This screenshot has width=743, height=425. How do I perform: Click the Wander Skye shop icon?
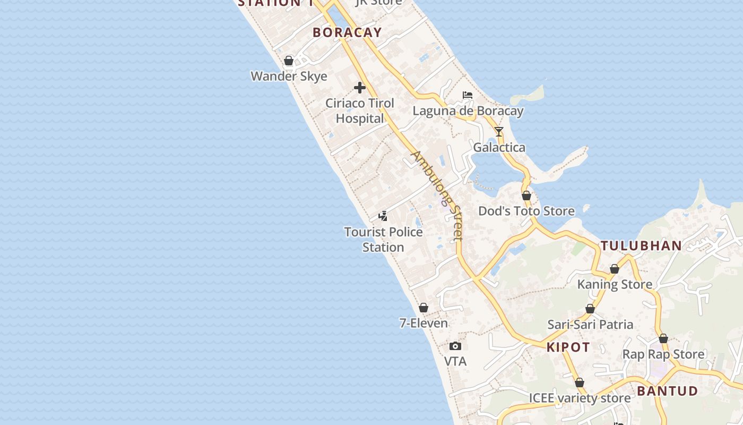coord(289,61)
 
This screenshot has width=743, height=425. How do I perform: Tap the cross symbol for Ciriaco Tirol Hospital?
coord(360,88)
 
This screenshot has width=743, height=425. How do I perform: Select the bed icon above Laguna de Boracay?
coord(468,95)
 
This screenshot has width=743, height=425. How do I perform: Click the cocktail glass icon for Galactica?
coord(499,131)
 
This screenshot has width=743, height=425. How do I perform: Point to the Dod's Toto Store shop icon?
coord(526,195)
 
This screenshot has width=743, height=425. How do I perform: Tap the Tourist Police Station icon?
coord(383,216)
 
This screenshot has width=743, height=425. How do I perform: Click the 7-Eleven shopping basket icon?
coord(424,308)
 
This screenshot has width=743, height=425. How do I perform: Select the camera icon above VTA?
coord(455,346)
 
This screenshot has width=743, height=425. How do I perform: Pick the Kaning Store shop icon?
coord(615,269)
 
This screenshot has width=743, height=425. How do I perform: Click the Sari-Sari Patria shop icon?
coord(590,309)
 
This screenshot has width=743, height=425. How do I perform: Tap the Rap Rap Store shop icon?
coord(663,338)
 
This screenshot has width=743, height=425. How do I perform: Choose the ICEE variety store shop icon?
coord(580,382)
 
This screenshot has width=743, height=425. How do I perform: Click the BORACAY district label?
coord(347,32)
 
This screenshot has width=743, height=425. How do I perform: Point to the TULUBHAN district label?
coord(641,245)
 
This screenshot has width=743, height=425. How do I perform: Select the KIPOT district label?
coord(568,347)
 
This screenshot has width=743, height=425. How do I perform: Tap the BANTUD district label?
coord(668,392)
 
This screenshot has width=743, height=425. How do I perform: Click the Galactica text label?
coord(499,148)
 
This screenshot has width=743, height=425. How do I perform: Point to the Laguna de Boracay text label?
coord(468,111)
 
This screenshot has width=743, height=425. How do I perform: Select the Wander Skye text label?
coord(289,76)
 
